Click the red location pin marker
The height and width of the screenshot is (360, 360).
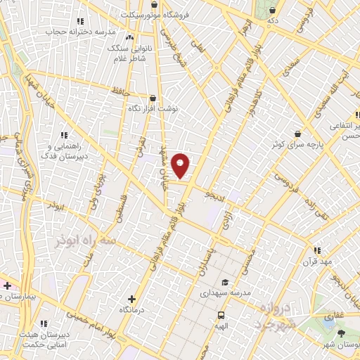pyautogui.click(x=181, y=165)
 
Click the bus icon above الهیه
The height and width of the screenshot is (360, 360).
pyautogui.click(x=221, y=315)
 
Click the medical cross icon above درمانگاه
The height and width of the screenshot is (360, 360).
pyautogui.click(x=132, y=299)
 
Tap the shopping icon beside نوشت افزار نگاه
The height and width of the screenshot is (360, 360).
pyautogui.click(x=153, y=98)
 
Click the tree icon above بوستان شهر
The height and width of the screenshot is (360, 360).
pyautogui.click(x=341, y=333)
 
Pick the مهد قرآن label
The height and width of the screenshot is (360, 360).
pyautogui.click(x=324, y=261)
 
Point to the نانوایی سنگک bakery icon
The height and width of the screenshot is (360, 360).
pyautogui.click(x=129, y=38)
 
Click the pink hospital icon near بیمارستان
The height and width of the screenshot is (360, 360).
pyautogui.click(x=8, y=285)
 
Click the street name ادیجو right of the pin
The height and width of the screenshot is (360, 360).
pyautogui.click(x=212, y=193)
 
